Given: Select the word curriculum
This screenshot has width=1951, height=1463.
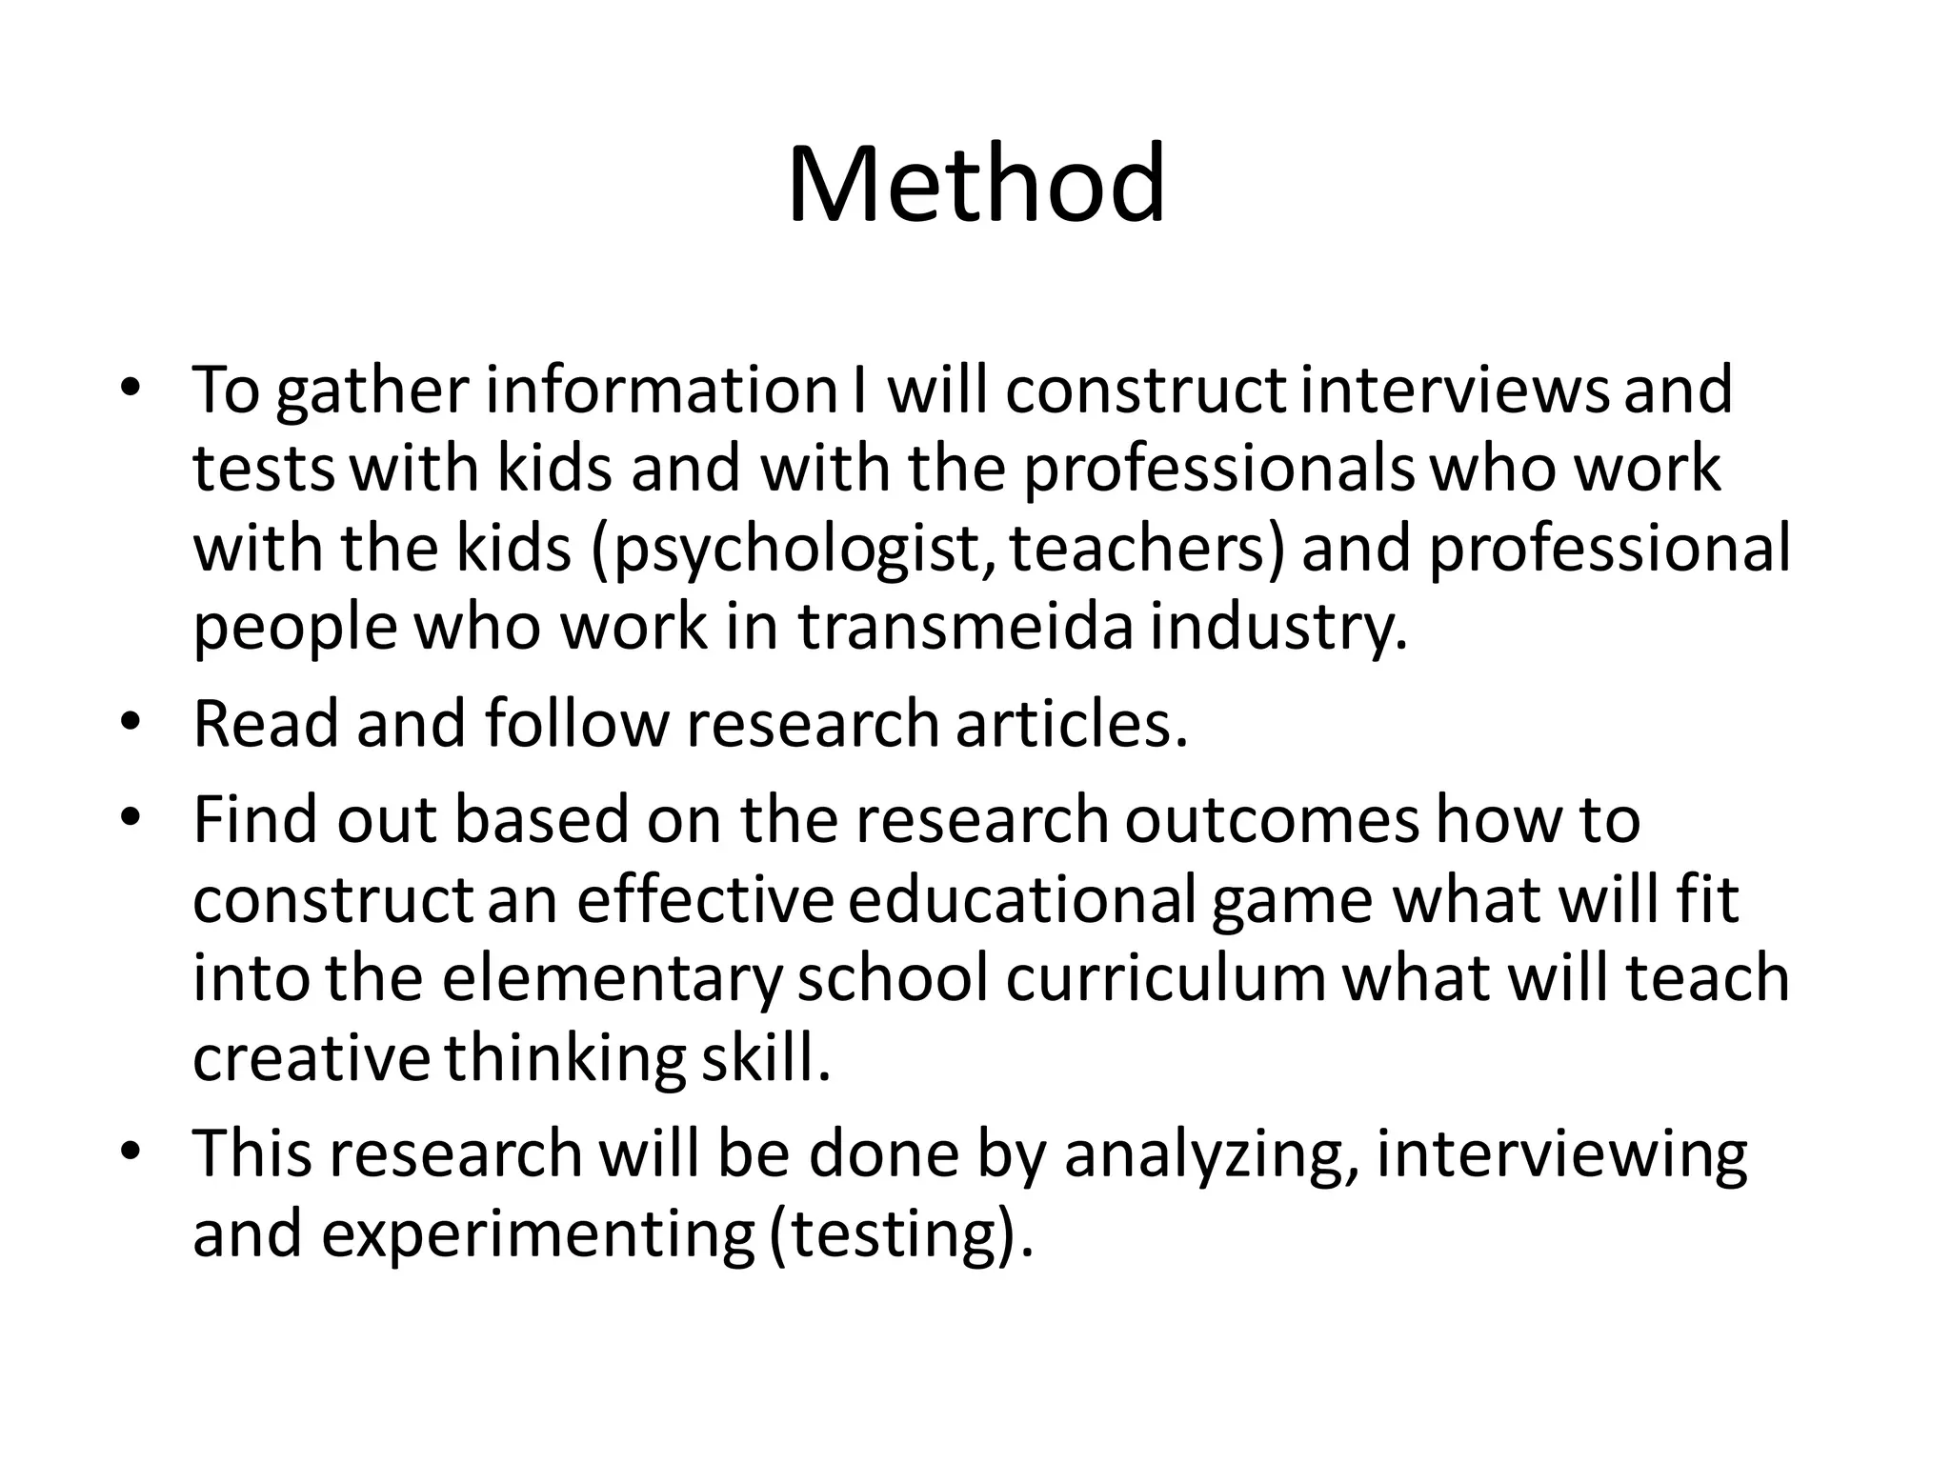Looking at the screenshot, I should coord(1165,979).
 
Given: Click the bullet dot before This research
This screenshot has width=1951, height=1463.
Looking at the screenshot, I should coord(131,1152).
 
